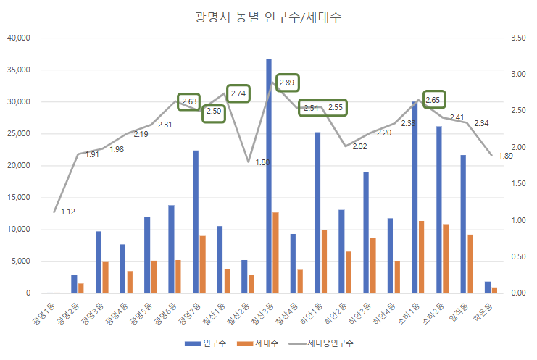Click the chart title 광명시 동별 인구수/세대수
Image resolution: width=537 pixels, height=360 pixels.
268,18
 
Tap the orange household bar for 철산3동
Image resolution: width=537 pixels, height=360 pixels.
276,253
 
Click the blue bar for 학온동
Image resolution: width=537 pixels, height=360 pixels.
488,287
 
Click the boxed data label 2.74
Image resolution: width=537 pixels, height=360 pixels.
238,93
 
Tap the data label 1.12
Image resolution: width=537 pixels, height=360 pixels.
68,212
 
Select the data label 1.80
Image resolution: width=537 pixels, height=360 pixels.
262,163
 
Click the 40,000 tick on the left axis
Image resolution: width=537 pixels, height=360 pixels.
17,38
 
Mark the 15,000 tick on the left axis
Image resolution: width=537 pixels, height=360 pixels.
17,198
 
